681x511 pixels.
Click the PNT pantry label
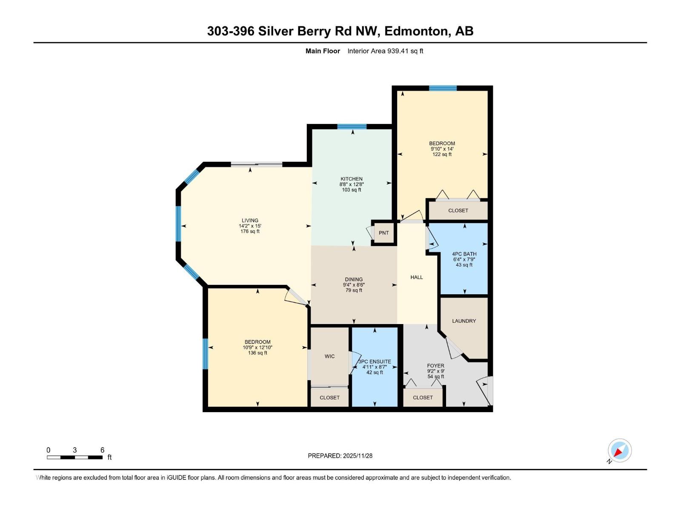point(383,233)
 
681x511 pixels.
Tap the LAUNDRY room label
point(464,321)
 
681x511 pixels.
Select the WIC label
point(329,356)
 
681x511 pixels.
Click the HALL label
point(416,277)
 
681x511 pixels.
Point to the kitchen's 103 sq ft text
point(351,190)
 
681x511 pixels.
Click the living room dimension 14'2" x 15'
point(250,226)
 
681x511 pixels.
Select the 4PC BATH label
point(464,254)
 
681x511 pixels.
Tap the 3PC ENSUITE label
point(375,362)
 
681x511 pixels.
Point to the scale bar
point(74,457)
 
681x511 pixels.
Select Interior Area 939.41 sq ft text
point(385,51)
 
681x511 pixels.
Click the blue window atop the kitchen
point(352,126)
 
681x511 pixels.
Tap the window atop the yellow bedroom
point(443,88)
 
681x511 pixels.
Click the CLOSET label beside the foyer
point(423,398)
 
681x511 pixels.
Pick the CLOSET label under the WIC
point(329,398)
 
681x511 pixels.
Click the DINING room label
point(354,280)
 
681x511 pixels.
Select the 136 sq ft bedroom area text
point(258,353)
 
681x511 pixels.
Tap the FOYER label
point(435,366)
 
